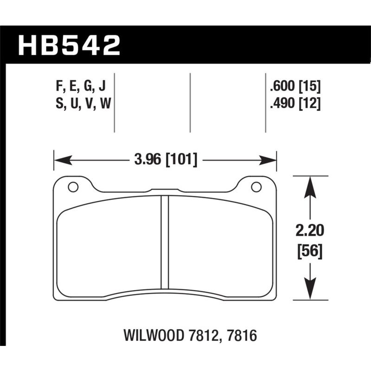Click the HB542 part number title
pyautogui.click(x=69, y=45)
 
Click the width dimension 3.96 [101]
pyautogui.click(x=166, y=160)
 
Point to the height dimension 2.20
pyautogui.click(x=309, y=230)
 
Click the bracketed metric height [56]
pyautogui.click(x=309, y=252)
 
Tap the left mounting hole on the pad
pyautogui.click(x=72, y=187)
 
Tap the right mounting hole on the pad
pyautogui.click(x=256, y=187)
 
